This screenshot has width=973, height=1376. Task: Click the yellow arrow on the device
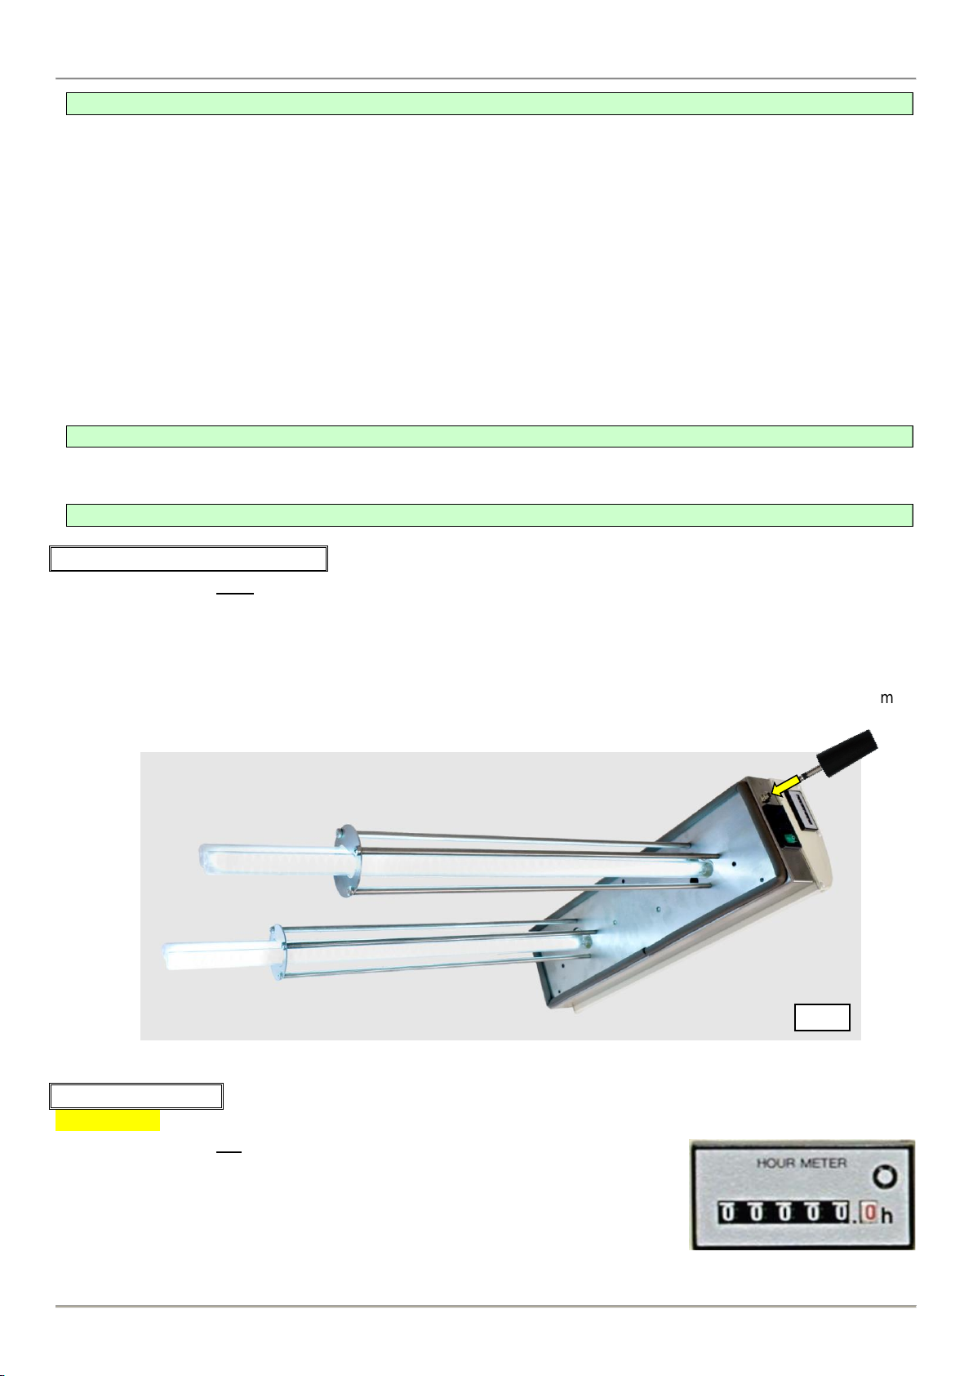(x=785, y=785)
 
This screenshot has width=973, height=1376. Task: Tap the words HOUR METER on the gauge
(x=801, y=1163)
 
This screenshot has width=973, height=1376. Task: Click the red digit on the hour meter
(x=868, y=1213)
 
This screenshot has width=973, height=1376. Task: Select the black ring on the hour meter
(x=885, y=1177)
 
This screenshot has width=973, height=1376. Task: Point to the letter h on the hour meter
(x=887, y=1215)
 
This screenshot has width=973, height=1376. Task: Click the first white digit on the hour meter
(x=727, y=1213)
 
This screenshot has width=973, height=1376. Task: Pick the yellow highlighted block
(x=108, y=1120)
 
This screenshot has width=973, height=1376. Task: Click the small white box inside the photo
(x=822, y=1018)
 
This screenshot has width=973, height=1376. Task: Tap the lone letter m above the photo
(x=886, y=698)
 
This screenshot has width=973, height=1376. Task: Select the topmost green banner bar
(x=489, y=104)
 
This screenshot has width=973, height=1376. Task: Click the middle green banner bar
(x=489, y=436)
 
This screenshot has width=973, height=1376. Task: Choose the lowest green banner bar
(x=489, y=515)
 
